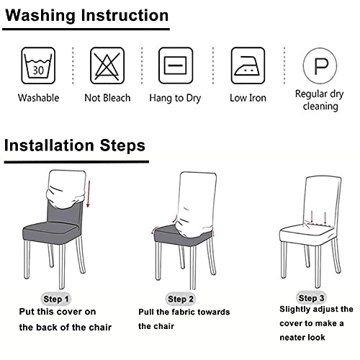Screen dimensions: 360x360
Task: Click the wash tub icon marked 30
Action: tap(38, 66)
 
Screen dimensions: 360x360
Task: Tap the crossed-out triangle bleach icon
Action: tap(107, 66)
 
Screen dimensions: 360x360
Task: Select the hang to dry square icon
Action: tap(176, 66)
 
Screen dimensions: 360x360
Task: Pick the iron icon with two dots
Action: tap(248, 66)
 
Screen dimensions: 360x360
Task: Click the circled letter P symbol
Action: tap(320, 66)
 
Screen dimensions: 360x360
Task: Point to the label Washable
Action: tap(38, 98)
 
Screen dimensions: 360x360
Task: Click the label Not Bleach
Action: tap(107, 98)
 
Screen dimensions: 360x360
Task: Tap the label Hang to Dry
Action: tap(175, 99)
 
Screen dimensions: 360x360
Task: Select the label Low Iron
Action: tap(248, 98)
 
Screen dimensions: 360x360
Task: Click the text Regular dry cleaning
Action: tap(320, 100)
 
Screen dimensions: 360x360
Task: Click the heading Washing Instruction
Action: tap(86, 15)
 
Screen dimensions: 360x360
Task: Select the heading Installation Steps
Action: tap(75, 145)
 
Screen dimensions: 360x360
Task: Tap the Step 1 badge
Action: tap(56, 299)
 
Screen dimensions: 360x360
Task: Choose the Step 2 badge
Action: tap(181, 299)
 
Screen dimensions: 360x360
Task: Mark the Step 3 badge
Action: tap(311, 298)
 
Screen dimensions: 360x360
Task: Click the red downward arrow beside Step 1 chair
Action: tap(89, 194)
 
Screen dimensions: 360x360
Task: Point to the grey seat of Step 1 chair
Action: tap(50, 233)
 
